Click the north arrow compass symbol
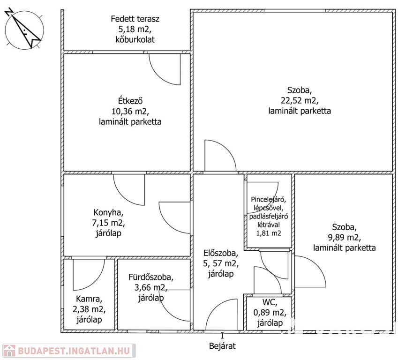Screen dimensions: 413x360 (x=24, y=29)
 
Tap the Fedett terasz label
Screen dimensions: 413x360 (x=135, y=19)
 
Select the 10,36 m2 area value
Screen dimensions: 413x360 (x=130, y=112)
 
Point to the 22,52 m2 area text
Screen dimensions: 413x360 (x=300, y=101)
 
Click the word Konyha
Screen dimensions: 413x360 (x=108, y=212)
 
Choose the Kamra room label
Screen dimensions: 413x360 (x=89, y=299)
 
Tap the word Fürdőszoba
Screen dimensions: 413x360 (x=151, y=277)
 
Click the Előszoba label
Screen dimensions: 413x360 (x=221, y=253)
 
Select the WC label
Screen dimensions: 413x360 (x=270, y=302)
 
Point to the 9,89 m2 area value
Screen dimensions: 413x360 (x=344, y=238)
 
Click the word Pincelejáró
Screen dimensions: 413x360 (x=269, y=199)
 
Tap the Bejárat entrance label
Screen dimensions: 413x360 (x=222, y=346)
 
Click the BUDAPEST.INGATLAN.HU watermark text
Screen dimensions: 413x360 (x=74, y=351)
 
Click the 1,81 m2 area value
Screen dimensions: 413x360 (x=269, y=233)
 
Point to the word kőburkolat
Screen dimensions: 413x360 (x=135, y=39)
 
